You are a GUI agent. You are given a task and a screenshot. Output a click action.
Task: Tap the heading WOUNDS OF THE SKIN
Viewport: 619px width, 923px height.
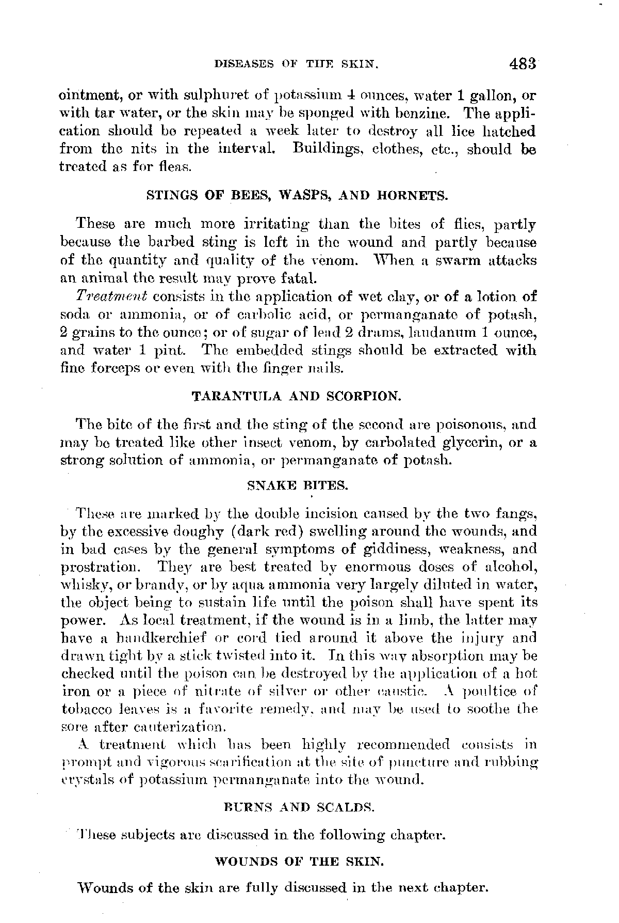(x=298, y=862)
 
